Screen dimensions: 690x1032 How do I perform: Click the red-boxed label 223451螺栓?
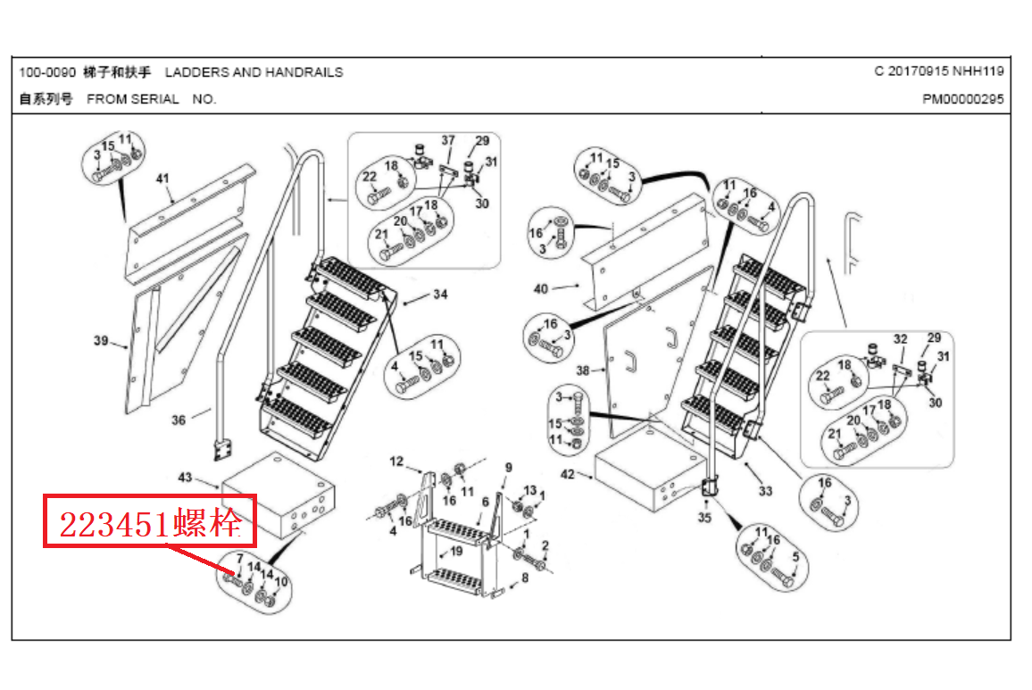150,523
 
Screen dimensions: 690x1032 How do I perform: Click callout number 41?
162,179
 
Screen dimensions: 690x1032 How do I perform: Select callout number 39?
100,340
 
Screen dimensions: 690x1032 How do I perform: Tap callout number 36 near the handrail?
179,420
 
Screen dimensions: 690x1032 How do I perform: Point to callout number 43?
185,478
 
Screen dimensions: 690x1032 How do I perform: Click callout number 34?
440,295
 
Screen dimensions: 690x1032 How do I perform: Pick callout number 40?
541,288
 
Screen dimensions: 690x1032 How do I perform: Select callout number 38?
583,370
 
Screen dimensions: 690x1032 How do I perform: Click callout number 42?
568,475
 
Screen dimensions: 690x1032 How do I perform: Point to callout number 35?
705,518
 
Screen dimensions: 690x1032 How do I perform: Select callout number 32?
900,339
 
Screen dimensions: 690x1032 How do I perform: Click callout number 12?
397,461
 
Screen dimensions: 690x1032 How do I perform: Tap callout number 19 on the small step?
456,552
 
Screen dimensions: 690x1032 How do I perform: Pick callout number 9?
509,467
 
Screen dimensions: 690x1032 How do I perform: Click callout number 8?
525,578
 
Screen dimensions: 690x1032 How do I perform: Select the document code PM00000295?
962,99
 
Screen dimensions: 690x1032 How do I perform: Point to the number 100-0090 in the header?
46,72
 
